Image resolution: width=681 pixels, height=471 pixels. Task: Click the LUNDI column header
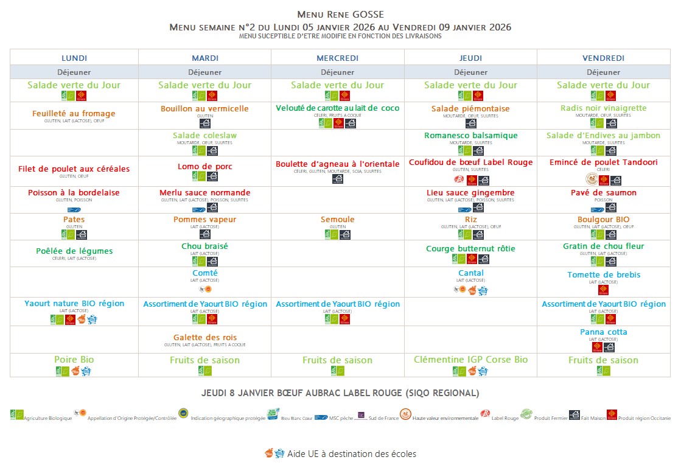pos(74,58)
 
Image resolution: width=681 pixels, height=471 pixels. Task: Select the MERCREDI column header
pos(337,58)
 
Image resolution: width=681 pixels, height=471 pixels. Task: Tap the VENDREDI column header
pos(603,58)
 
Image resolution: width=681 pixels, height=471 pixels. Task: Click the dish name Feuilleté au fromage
pos(74,113)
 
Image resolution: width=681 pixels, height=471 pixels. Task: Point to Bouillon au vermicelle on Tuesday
pos(204,108)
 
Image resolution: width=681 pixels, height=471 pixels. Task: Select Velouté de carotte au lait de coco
pos(337,108)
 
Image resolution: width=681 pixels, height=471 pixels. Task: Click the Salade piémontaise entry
pos(470,108)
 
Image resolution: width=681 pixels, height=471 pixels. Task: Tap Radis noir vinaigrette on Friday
pos(603,108)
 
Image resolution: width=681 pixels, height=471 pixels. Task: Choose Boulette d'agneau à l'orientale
pos(337,164)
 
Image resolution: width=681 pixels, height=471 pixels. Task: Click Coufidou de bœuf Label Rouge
pos(470,162)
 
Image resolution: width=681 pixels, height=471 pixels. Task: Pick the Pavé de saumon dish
pos(603,192)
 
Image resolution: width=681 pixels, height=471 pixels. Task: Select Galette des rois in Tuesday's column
pos(204,337)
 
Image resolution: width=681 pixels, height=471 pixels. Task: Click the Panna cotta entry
pos(603,332)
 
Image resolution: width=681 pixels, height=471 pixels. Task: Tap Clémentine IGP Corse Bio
pos(470,360)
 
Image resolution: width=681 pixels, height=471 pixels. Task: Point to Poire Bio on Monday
pos(74,360)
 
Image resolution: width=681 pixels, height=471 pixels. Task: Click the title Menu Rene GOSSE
pos(340,14)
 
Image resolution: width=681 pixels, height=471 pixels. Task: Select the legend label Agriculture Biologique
pos(48,418)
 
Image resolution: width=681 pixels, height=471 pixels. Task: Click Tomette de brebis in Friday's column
pos(603,274)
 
